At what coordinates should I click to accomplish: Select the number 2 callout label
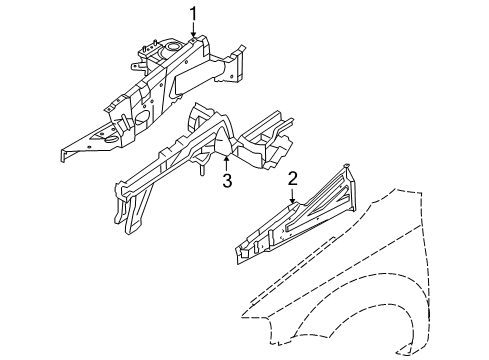[293, 179]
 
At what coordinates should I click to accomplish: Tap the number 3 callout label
[227, 180]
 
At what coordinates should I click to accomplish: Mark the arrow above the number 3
[227, 161]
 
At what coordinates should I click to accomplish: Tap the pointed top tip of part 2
[346, 165]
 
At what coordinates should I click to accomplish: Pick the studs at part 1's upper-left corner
[148, 49]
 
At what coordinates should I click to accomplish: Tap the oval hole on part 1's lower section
[140, 117]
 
